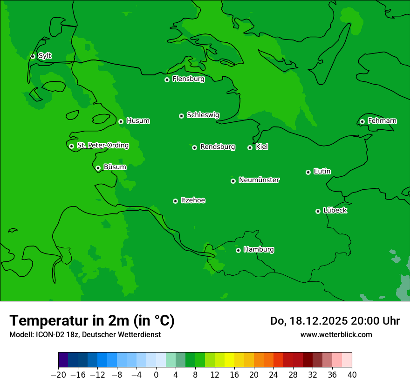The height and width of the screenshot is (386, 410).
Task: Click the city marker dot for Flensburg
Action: click(x=167, y=80)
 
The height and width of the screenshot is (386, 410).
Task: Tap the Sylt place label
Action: click(x=45, y=56)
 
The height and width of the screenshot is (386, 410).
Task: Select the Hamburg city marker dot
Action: click(x=238, y=250)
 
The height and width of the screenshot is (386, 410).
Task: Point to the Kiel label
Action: click(x=262, y=147)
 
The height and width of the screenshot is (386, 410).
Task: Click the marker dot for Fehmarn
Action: click(x=362, y=121)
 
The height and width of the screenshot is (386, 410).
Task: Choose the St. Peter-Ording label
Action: click(x=103, y=146)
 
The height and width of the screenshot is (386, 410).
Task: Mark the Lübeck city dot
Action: click(x=318, y=211)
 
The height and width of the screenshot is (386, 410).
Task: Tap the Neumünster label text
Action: click(x=259, y=180)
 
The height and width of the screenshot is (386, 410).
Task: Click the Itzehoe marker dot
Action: click(x=175, y=201)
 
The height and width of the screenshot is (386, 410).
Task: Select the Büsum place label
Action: click(x=115, y=167)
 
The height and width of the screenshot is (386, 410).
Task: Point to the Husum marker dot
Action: click(x=121, y=121)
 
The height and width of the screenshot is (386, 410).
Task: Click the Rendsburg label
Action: click(x=218, y=147)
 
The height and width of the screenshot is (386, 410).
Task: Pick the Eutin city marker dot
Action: click(x=308, y=172)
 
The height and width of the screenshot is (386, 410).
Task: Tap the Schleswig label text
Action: click(x=203, y=115)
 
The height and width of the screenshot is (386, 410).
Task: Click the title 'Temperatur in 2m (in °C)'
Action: click(x=92, y=321)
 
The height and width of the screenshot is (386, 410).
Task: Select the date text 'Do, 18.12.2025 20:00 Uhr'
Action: click(x=335, y=321)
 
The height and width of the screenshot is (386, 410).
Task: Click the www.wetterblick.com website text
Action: click(x=336, y=334)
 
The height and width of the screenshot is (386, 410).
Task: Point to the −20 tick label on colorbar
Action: click(x=58, y=375)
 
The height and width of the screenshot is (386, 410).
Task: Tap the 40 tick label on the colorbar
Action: click(x=352, y=375)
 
